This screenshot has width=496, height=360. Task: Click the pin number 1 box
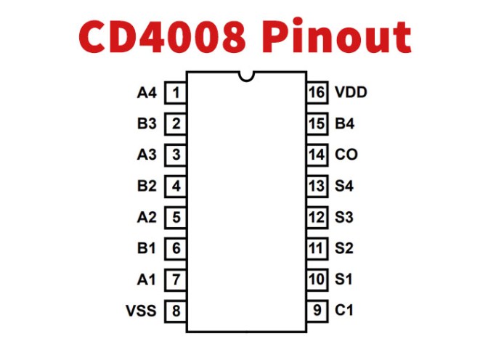[176, 93]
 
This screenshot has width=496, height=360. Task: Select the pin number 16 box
[316, 93]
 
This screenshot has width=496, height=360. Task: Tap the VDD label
[351, 93]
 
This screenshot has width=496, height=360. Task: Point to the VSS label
[141, 311]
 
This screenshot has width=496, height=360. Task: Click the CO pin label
[346, 155]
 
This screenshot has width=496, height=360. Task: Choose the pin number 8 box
[176, 311]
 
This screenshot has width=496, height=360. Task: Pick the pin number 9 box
[316, 311]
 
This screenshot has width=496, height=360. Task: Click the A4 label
[147, 93]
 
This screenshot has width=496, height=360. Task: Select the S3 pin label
[344, 217]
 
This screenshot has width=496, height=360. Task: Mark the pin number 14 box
[316, 155]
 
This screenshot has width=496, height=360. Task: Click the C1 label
[344, 311]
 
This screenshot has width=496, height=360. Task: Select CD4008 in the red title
[165, 36]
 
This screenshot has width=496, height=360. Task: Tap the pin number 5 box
[176, 217]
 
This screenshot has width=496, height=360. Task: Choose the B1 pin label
[147, 248]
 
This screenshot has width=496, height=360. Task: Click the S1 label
[344, 279]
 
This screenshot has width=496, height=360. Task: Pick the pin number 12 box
[316, 217]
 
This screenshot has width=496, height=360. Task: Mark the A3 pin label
[147, 155]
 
